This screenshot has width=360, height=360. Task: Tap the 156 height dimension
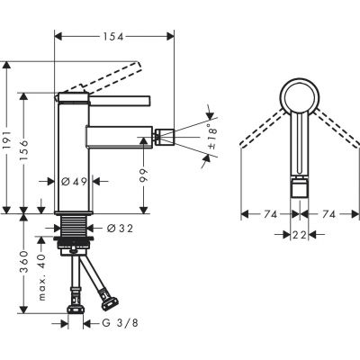[31, 153]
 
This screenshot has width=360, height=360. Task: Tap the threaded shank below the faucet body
[73, 227]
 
